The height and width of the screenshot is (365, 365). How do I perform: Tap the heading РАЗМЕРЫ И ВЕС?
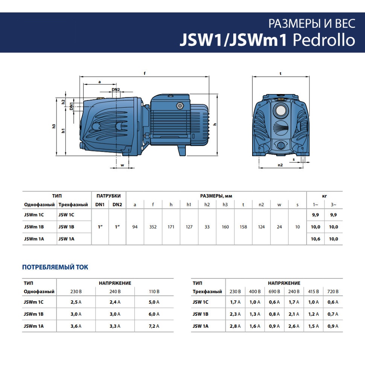pos(312,23)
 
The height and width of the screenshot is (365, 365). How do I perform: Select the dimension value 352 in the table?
pos(153,227)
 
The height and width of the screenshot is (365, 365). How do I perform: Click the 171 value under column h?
pos(171,227)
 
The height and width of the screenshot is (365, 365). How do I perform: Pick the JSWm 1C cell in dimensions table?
pos(34,215)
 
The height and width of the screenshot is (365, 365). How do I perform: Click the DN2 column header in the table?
pos(117,205)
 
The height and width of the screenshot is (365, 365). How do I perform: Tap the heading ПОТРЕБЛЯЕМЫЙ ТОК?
pos(55,267)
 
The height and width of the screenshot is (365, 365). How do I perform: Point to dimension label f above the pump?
pos(144,74)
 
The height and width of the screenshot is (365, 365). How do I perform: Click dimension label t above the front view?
pos(281,74)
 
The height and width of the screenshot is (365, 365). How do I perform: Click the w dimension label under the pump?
pos(122,165)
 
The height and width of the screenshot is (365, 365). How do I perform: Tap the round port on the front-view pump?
pos(280,111)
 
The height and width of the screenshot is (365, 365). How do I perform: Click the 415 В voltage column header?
pos(313,292)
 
